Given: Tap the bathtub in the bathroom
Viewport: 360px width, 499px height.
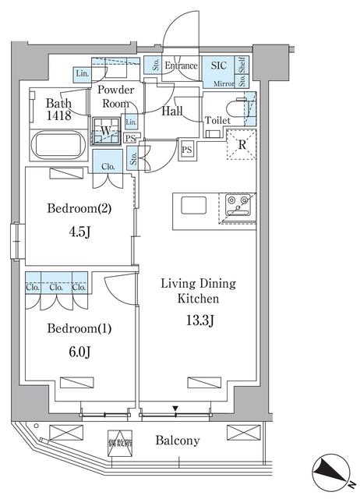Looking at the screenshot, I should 59,146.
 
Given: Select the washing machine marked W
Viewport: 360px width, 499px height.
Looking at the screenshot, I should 104,131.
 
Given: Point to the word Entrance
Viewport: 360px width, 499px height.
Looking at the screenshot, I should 181,66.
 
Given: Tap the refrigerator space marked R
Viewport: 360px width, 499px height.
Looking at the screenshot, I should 241,144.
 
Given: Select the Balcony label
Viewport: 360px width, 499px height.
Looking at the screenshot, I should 176,441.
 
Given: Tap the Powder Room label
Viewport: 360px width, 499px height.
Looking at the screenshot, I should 115,97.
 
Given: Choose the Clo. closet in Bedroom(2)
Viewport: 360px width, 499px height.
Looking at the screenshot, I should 108,165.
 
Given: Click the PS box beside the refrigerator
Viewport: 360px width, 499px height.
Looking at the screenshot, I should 187,150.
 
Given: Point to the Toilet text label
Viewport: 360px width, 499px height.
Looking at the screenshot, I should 217,120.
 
